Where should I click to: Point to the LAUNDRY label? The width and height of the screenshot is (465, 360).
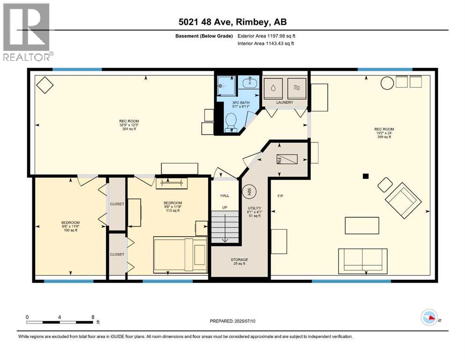(x=284, y=102)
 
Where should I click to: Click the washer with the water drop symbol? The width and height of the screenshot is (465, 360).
(x=273, y=88)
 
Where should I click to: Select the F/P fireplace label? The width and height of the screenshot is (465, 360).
(x=280, y=195)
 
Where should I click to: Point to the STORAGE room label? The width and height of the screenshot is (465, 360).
(x=239, y=260)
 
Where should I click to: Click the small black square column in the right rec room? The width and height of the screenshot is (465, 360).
(x=366, y=176)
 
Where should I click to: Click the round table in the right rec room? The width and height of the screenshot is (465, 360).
(x=387, y=83)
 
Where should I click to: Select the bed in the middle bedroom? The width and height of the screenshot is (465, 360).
(x=181, y=254)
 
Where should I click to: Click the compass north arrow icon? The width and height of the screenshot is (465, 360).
(x=429, y=317)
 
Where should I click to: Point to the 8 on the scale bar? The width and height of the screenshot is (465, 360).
(x=93, y=317)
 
